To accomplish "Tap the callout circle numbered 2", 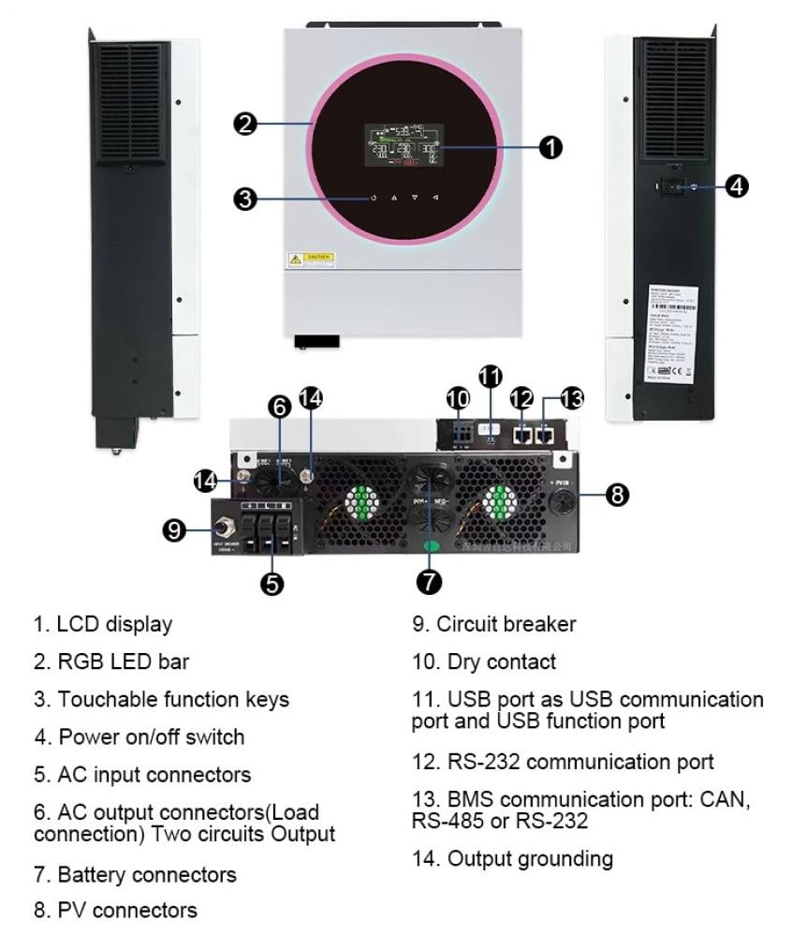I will click(x=245, y=124).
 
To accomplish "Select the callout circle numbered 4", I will click(x=737, y=186).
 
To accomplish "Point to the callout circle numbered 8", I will click(x=618, y=495).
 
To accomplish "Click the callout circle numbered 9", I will click(x=174, y=530).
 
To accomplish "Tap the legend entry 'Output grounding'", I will click(x=512, y=858).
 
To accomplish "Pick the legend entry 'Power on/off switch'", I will click(x=139, y=736).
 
